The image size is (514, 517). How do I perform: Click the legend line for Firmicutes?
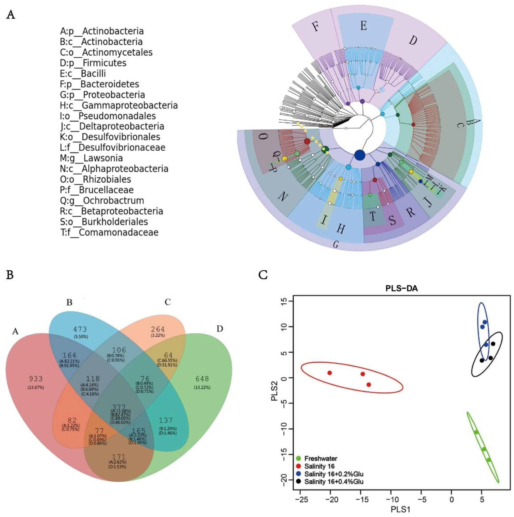click(93, 63)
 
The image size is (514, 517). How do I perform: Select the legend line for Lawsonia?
click(91, 158)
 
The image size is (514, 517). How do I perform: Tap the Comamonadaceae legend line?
click(109, 232)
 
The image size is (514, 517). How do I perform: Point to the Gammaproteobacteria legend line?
click(119, 105)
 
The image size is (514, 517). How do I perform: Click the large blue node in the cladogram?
click(359, 155)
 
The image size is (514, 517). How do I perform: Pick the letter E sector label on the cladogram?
click(363, 26)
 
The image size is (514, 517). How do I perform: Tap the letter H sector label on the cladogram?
click(341, 229)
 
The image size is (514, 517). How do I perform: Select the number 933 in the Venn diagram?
click(36, 379)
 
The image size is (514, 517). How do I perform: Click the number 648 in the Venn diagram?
click(202, 379)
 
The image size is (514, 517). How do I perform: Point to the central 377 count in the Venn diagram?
click(119, 407)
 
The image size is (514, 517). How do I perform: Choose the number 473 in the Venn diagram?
click(80, 329)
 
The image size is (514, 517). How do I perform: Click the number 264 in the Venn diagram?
click(158, 329)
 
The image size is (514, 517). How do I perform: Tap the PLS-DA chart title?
click(401, 289)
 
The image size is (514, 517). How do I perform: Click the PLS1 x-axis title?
click(401, 509)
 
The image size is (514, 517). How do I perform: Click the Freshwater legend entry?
click(321, 458)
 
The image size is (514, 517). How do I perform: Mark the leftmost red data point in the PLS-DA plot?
click(329, 373)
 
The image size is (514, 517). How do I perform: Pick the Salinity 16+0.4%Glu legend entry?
click(334, 481)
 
